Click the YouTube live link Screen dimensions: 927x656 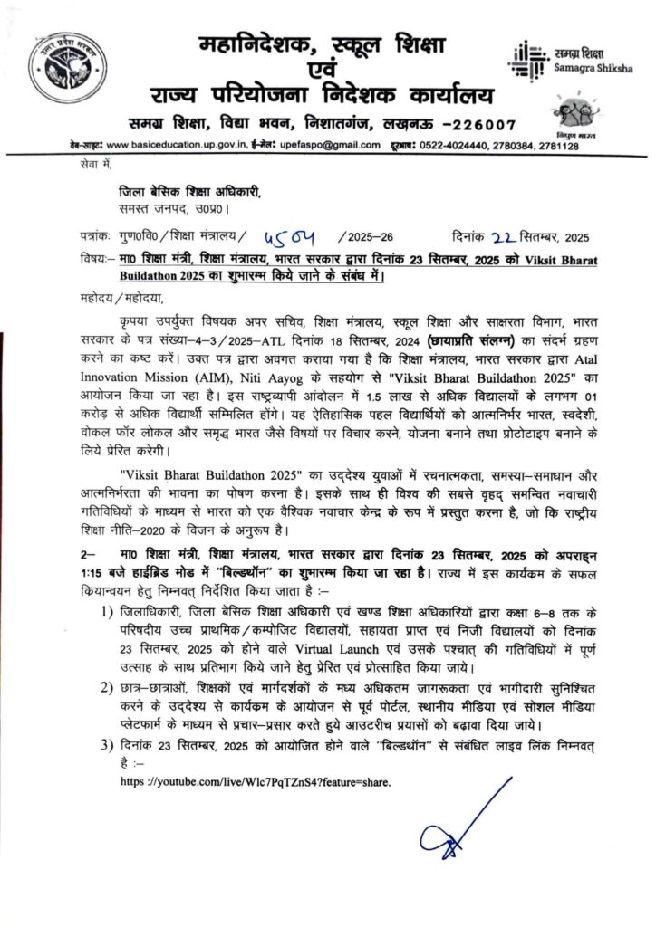tap(256, 781)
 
